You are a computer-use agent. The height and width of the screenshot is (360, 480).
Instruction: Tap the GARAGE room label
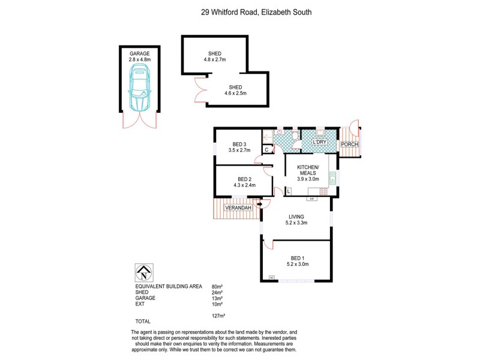coord(139,53)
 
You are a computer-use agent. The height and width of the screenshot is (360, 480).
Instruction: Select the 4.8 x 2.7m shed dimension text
coord(215,59)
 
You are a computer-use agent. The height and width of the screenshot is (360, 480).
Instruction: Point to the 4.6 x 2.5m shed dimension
coord(236,94)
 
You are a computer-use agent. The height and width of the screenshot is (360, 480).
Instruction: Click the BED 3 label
coord(239,144)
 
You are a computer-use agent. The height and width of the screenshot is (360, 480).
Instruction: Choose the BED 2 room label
coord(244,179)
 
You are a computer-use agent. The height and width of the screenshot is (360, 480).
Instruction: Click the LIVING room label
coord(296,217)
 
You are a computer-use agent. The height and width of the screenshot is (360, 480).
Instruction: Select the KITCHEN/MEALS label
coord(308,170)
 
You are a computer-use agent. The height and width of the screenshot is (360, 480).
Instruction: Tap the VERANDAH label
coord(237,208)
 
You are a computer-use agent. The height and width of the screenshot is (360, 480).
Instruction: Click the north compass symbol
coord(144,273)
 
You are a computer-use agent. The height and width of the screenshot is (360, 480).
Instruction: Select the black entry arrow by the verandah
coord(259,205)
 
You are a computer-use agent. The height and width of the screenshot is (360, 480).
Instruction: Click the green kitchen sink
coord(331,178)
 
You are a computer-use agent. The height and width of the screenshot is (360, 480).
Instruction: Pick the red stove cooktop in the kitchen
coord(323,191)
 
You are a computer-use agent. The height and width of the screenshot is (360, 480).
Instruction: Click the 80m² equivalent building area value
coord(217,287)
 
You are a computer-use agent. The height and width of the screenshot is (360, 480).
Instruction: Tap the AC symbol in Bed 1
coord(272,277)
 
